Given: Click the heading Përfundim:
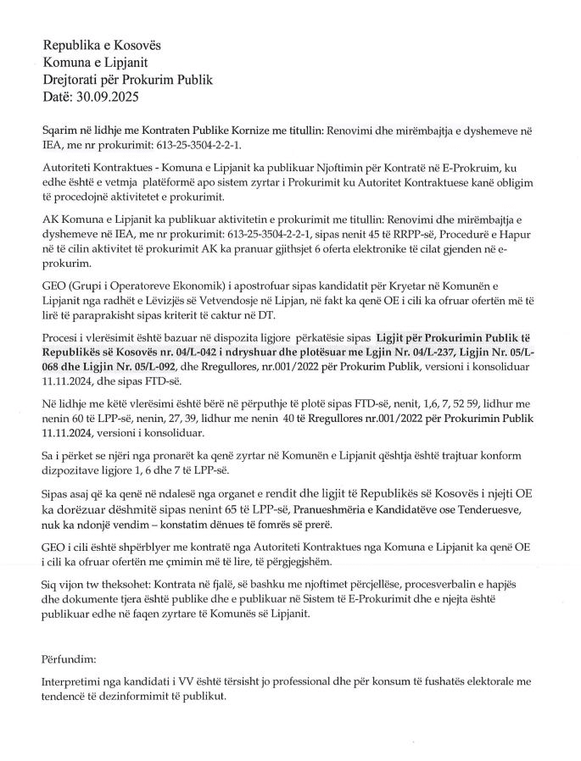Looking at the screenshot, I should point(70,658).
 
